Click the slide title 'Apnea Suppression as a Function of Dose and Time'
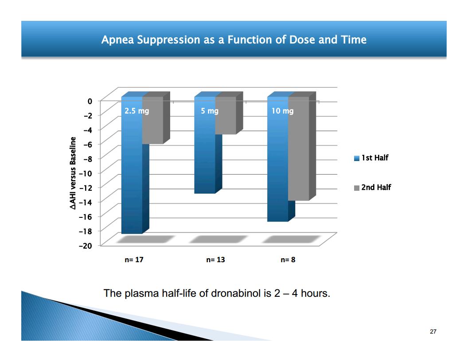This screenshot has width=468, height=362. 234,40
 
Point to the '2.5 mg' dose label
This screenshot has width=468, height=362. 136,111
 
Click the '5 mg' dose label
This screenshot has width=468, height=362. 210,111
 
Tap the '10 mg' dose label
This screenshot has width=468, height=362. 282,111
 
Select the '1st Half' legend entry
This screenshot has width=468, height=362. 371,157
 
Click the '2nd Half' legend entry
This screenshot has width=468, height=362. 372,187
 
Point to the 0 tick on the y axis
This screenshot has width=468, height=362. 90,101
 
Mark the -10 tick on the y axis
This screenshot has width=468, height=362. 86,173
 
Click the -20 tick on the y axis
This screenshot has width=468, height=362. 86,245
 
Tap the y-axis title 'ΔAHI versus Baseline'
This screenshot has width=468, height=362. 73,173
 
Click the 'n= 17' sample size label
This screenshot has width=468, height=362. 134,260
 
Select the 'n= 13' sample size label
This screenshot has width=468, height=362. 215,260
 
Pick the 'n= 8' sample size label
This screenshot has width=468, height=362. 288,260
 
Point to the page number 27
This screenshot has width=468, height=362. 433,331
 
